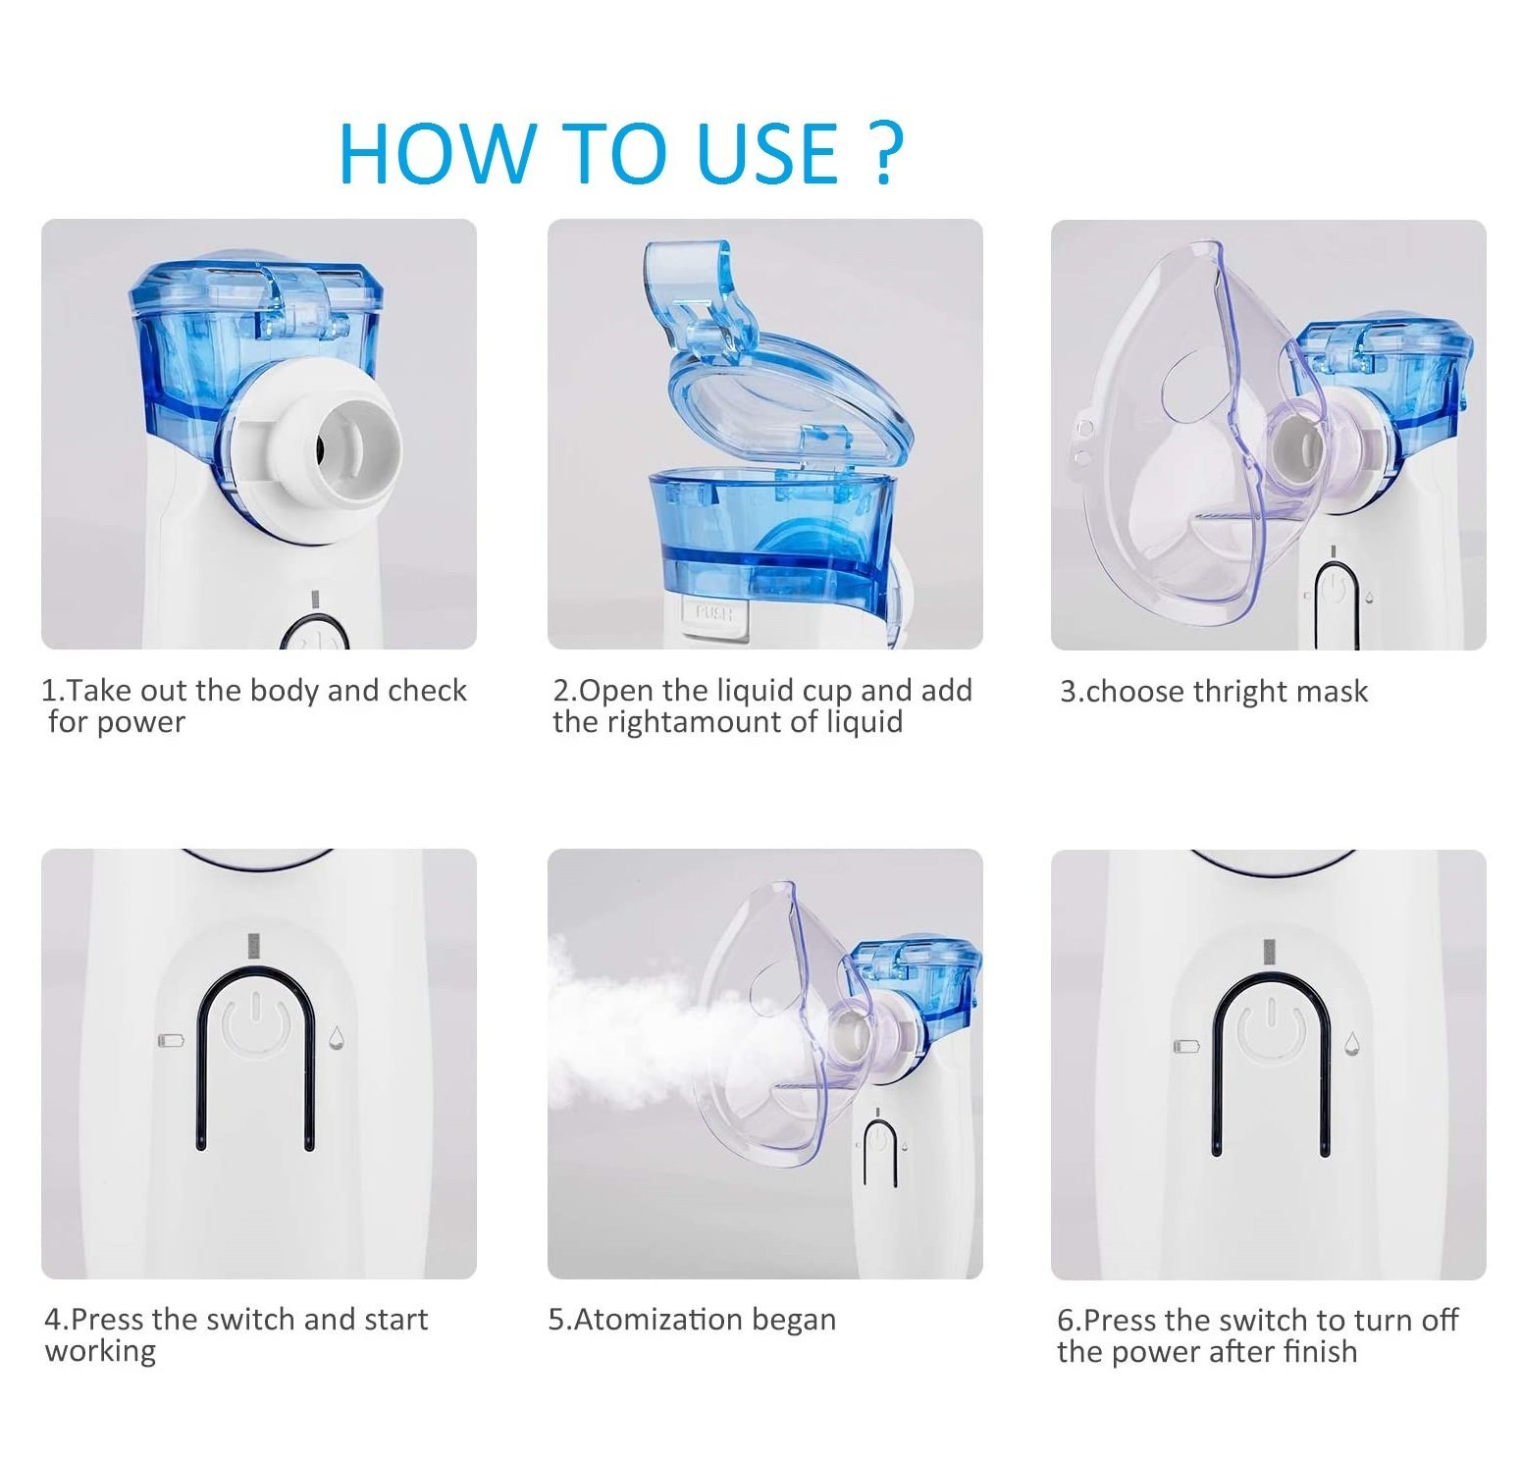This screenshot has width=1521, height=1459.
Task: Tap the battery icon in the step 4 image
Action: click(171, 1039)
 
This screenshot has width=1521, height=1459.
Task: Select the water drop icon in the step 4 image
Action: click(337, 1037)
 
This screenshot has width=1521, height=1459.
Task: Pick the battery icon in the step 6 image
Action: click(1186, 1046)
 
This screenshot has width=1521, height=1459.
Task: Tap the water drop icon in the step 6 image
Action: click(1352, 1043)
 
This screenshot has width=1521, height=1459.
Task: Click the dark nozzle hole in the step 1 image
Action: click(321, 448)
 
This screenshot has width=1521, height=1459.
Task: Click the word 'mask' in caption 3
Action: click(1332, 692)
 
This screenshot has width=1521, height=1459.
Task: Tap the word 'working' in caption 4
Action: click(100, 1352)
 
